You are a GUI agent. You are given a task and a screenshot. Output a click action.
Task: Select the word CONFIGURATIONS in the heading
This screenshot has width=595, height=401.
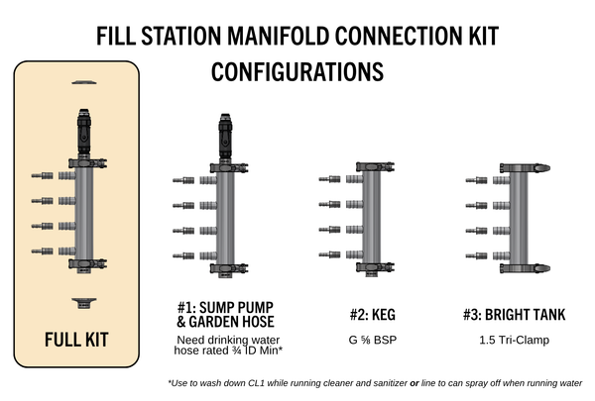tap(297, 72)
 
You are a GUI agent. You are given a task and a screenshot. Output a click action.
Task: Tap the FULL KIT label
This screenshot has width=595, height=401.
tap(76, 341)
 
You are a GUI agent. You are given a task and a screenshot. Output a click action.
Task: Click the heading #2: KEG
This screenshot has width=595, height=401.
tap(373, 316)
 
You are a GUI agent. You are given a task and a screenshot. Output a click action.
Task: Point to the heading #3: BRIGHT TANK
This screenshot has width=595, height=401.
tap(515, 316)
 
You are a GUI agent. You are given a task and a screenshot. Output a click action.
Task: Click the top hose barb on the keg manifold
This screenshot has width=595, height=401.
tap(330, 179)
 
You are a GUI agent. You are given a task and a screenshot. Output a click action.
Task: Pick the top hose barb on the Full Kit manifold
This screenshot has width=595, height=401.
tap(43, 176)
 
